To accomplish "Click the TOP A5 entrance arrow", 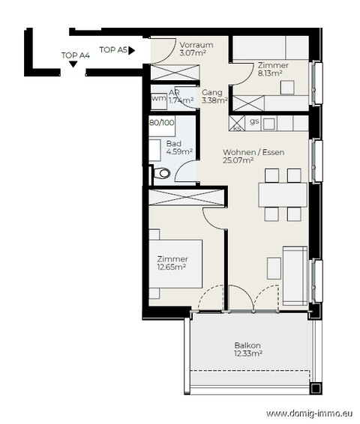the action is tap(131, 50).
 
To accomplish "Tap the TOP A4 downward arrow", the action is tap(73, 64).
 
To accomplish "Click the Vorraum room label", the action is tap(196, 45).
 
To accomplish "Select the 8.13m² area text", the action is tap(270, 73).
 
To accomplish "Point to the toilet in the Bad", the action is tap(162, 173).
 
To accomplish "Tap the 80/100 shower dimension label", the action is tap(162, 123).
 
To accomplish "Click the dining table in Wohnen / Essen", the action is tap(283, 195).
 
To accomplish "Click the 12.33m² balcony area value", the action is tap(248, 354).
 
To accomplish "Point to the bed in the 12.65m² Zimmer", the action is tap(175, 264).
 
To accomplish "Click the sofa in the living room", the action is tap(295, 276).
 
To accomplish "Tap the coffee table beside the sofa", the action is tap(274, 268).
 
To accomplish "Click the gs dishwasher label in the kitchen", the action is tap(254, 121).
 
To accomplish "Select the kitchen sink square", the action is tap(268, 124).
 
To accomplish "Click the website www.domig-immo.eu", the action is tap(309, 414).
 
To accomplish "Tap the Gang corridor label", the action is tap(212, 92).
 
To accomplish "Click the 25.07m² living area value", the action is tap(238, 160).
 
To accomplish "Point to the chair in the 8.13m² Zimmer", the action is tap(287, 87).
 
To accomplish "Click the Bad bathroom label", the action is tap(173, 143).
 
